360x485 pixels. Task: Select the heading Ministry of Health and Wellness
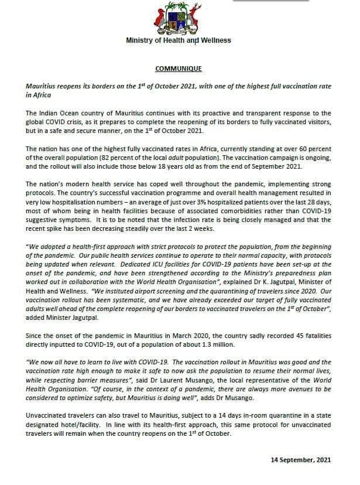point(179,40)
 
